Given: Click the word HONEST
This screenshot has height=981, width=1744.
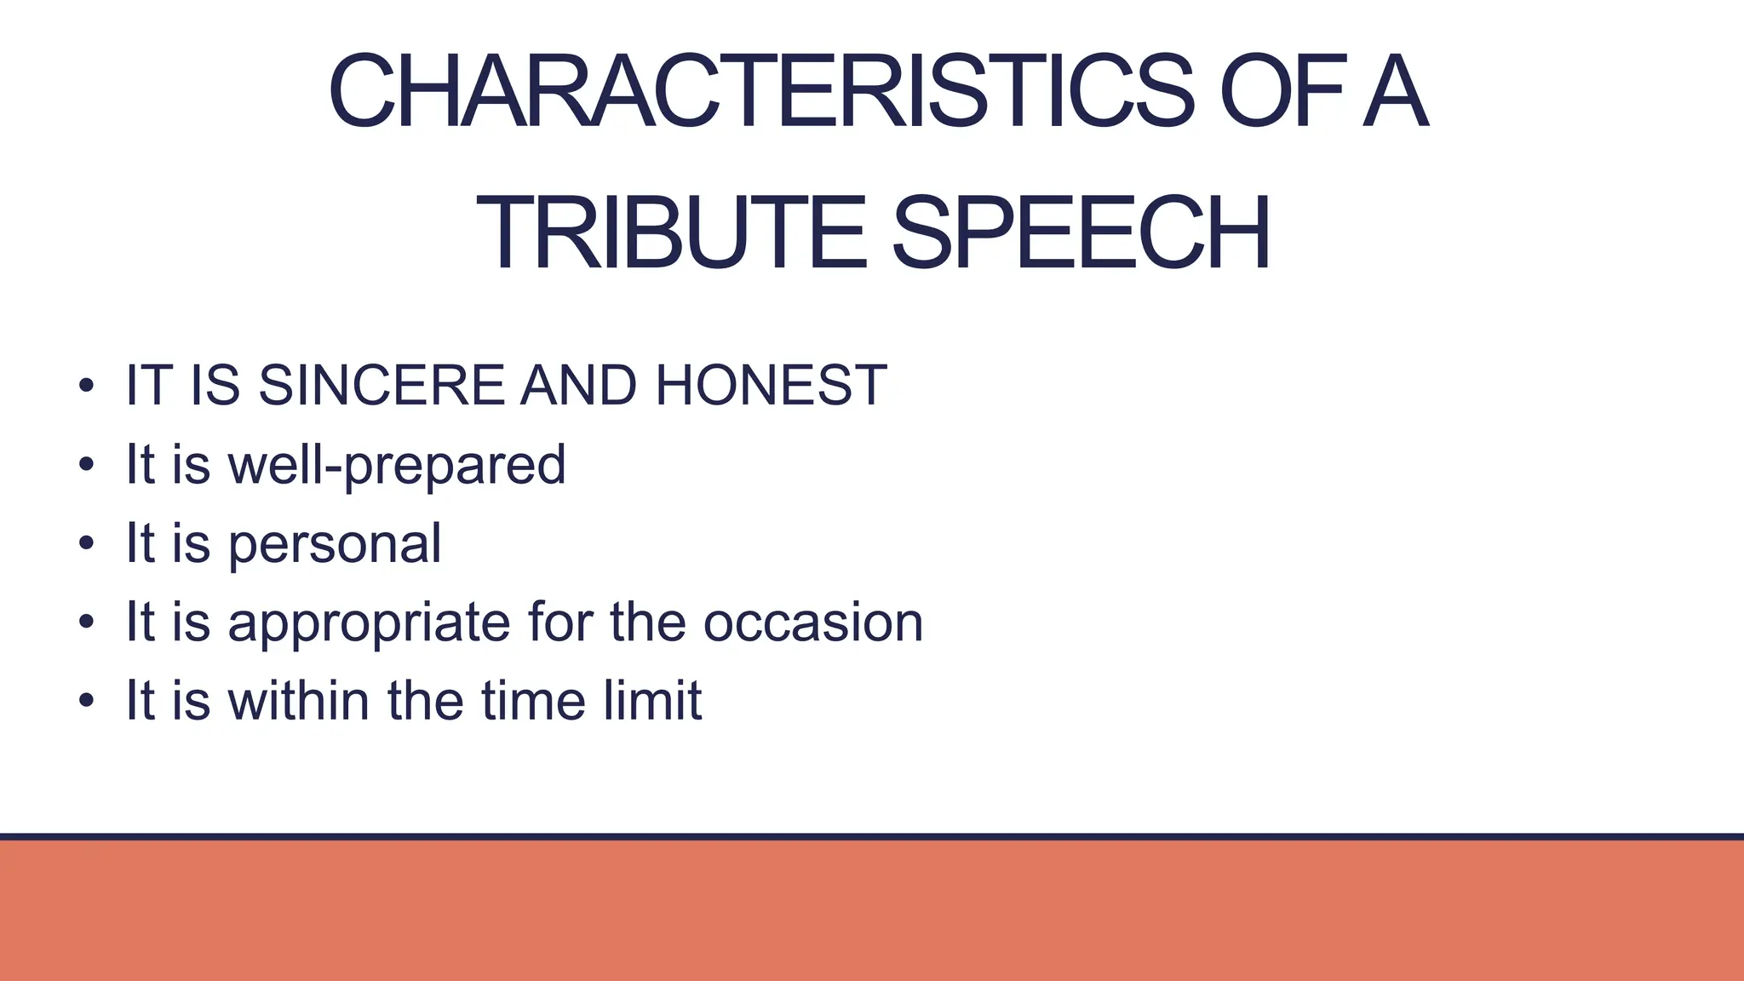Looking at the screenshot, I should pyautogui.click(x=771, y=385).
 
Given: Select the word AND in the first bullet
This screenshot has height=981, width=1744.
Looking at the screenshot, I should pyautogui.click(x=578, y=385).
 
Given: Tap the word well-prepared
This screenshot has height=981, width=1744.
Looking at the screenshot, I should pyautogui.click(x=397, y=465).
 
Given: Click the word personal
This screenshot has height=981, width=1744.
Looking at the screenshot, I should pyautogui.click(x=335, y=544).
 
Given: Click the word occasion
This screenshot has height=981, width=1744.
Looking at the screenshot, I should pyautogui.click(x=813, y=622).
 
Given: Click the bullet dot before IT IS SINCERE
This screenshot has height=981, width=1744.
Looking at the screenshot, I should pyautogui.click(x=85, y=387).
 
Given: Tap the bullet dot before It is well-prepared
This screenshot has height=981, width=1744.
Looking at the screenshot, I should pyautogui.click(x=85, y=466).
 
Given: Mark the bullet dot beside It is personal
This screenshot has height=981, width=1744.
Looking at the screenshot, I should pyautogui.click(x=85, y=545).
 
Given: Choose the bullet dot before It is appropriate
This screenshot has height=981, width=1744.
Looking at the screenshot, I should pyautogui.click(x=85, y=623).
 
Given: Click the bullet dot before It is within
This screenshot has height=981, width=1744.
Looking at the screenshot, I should pyautogui.click(x=85, y=702).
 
